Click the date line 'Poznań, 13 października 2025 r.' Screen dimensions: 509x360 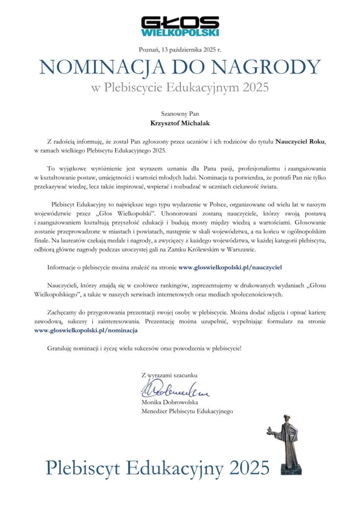pyautogui.click(x=180, y=49)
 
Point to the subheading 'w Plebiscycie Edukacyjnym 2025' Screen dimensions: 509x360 pyautogui.click(x=180, y=88)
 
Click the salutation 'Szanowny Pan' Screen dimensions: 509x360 pyautogui.click(x=180, y=114)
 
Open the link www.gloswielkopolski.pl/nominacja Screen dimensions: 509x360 pyautogui.click(x=86, y=330)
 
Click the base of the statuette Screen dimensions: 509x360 pyautogui.click(x=290, y=469)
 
